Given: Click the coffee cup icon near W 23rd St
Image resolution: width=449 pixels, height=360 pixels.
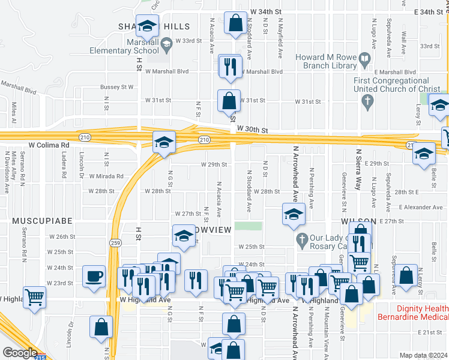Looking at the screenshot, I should tap(94, 277).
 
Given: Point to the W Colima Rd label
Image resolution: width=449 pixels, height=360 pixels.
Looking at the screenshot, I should tap(49, 145).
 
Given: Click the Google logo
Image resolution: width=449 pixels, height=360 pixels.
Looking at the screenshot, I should tap(20, 353).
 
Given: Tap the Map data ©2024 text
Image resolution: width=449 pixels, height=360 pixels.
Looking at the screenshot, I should tap(423, 355).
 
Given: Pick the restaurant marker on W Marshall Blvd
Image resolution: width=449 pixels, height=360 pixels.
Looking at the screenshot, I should tap(229, 67).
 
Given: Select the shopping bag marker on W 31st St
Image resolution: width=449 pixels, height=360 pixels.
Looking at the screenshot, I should tap(229, 101).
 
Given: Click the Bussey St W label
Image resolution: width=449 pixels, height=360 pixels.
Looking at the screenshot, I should tap(116, 87).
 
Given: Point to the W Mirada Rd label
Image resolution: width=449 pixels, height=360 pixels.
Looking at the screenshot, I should tap(106, 176).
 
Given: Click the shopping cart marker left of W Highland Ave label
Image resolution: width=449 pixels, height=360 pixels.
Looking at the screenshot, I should tap(35, 296).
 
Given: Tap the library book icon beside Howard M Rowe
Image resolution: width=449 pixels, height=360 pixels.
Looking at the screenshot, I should tap(364, 60).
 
